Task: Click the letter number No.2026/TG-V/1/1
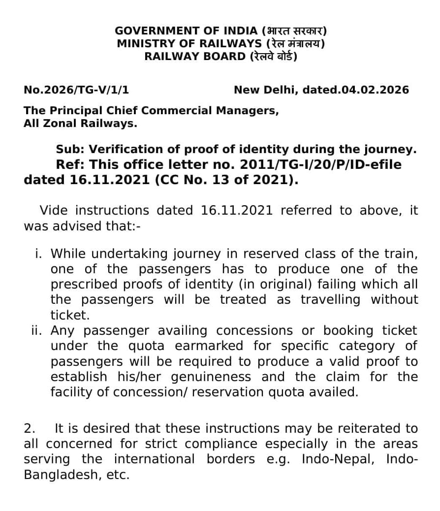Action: (76, 90)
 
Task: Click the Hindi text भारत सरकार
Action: (295, 31)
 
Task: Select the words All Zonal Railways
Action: (80, 124)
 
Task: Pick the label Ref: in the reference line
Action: (69, 164)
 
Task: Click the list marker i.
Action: (38, 254)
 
